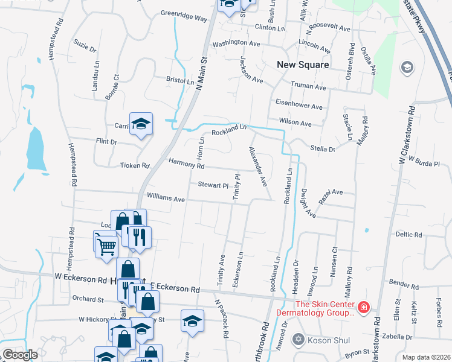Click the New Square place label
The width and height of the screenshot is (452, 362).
tap(303, 65)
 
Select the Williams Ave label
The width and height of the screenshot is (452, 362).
tap(166, 198)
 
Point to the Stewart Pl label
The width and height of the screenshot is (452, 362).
tap(212, 185)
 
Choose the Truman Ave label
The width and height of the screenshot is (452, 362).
tap(308, 86)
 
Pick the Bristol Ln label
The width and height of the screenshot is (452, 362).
tap(180, 80)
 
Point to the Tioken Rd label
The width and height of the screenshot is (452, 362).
tap(134, 165)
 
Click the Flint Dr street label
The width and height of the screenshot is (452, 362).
tap(106, 142)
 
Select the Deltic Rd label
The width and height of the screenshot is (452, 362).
tap(408, 234)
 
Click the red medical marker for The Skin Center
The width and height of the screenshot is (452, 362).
tap(363, 308)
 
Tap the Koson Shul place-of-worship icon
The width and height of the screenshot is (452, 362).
tap(297, 340)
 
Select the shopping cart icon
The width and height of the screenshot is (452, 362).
tap(106, 244)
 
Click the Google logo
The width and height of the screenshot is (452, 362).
tap(20, 355)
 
